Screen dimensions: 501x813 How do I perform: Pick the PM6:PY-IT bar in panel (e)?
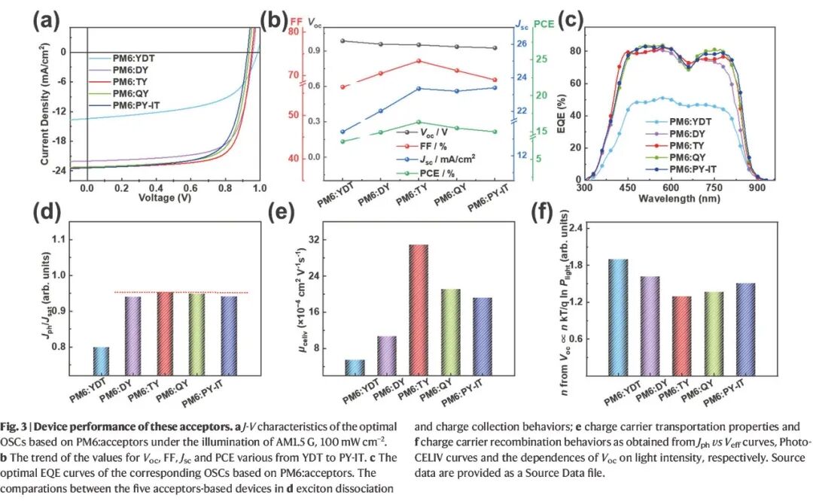click(481, 336)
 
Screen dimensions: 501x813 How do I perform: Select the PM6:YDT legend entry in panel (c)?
click(681, 120)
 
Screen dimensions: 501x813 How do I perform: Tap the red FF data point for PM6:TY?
click(419, 61)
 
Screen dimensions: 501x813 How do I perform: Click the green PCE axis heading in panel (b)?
click(544, 25)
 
